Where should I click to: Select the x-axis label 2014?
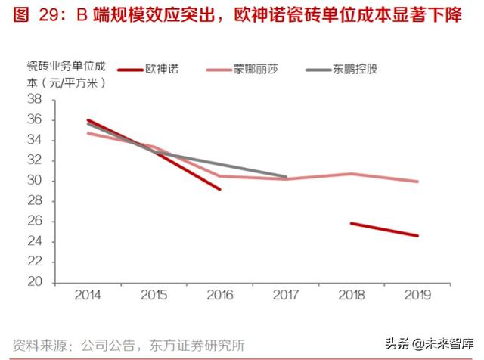pos(88,295)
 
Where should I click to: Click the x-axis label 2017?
pos(285,295)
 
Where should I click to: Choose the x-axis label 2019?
pos(417,295)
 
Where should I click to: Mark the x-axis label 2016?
pos(219,295)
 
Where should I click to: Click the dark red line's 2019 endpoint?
pos(417,236)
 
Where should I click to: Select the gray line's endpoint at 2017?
pos(286,177)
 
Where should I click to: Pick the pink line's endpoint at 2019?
pos(417,182)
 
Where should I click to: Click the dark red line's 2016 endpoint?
pos(220,189)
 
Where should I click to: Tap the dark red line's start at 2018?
pos(352,223)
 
